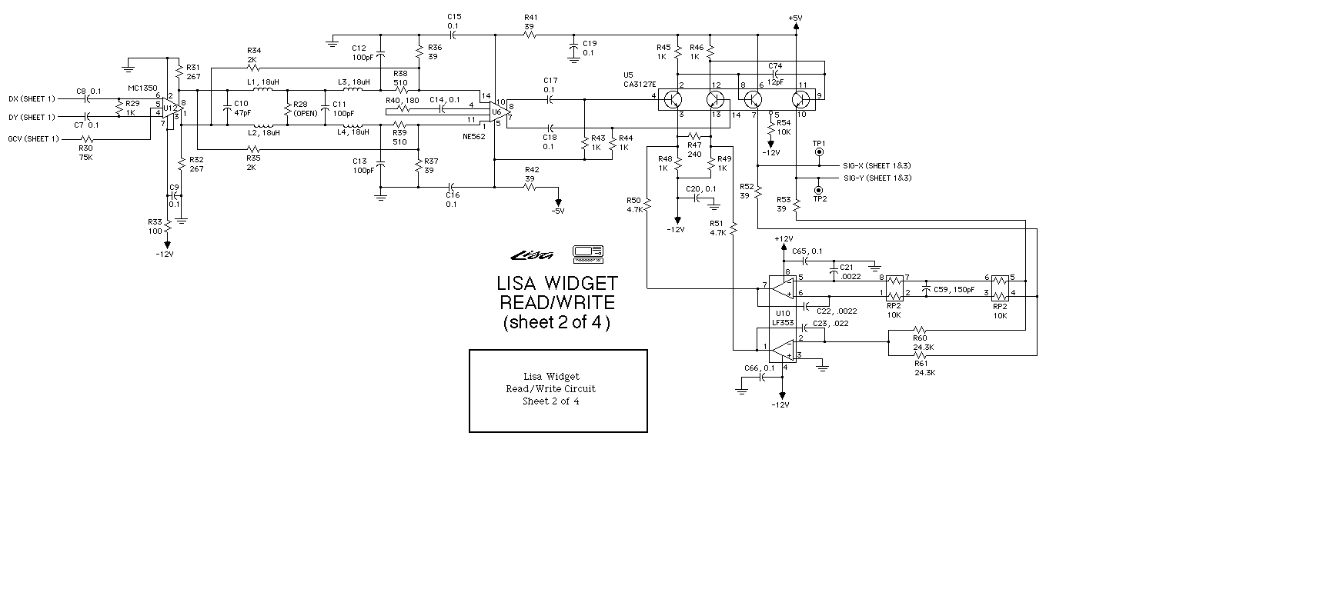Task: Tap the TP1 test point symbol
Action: (818, 152)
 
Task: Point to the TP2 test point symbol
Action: (818, 189)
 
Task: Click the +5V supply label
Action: (795, 18)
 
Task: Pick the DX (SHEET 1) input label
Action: (32, 98)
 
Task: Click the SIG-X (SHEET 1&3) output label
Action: (877, 165)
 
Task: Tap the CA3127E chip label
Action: (638, 84)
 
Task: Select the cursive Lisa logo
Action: (531, 255)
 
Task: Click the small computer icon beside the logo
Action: (588, 251)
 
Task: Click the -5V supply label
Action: (557, 211)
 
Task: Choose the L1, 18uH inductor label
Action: (264, 82)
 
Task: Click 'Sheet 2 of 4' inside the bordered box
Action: (550, 401)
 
